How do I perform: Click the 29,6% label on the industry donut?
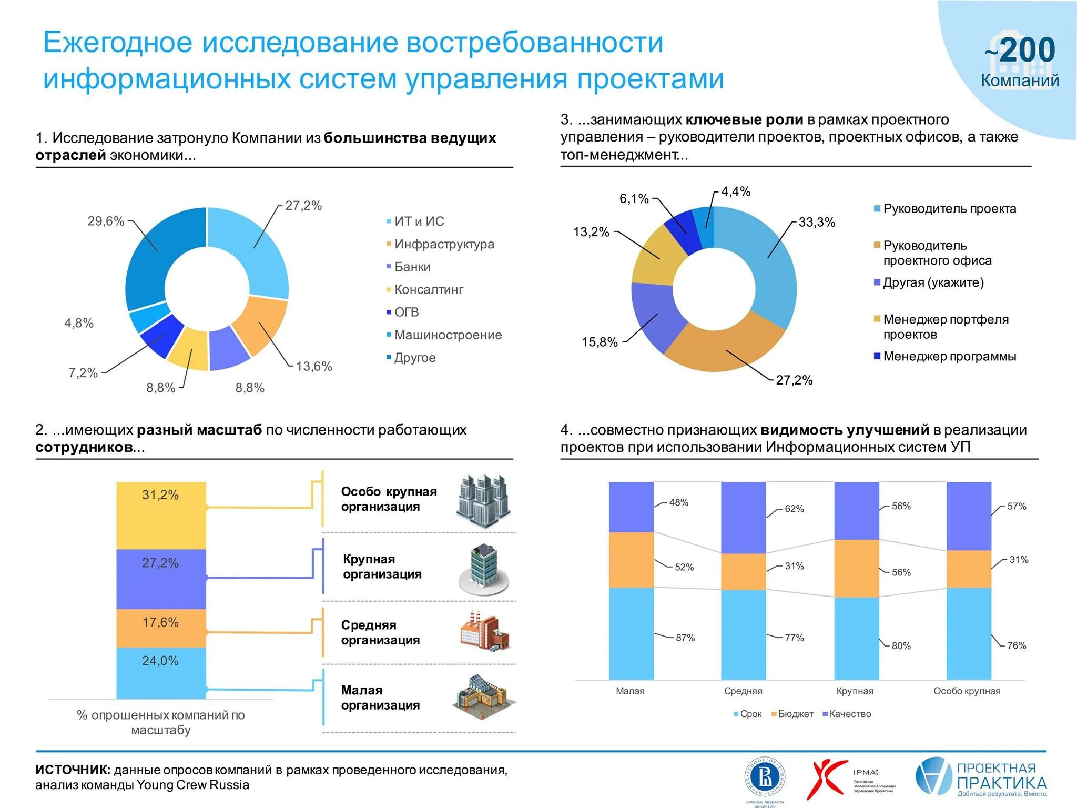(106, 221)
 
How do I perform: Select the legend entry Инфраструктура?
(444, 244)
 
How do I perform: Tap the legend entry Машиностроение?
(448, 335)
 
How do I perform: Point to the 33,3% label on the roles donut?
(816, 222)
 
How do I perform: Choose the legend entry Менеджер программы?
(949, 356)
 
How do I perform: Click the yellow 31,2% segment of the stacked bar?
(161, 515)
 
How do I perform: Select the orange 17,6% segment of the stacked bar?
(161, 628)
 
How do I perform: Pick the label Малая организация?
(380, 698)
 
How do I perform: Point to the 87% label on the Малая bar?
(685, 638)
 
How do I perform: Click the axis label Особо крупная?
(967, 691)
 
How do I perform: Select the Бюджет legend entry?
(795, 714)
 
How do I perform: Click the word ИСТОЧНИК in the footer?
(73, 770)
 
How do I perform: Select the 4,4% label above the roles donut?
(736, 191)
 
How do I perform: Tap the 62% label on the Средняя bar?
(794, 509)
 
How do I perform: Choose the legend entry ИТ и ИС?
(419, 221)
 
